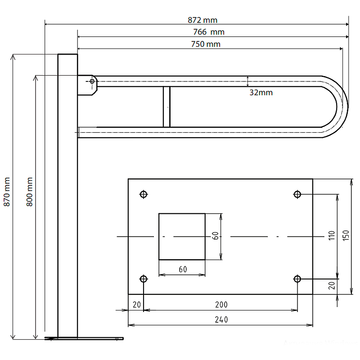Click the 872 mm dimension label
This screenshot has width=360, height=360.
click(202, 20)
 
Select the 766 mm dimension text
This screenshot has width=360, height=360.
click(209, 32)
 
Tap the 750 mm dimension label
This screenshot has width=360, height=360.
click(206, 44)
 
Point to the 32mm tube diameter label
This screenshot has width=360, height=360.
click(261, 93)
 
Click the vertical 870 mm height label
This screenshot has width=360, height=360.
click(7, 192)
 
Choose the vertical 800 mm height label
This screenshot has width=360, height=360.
click(30, 192)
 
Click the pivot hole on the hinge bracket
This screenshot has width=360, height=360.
click(92, 81)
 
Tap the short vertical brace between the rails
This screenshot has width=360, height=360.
click(166, 107)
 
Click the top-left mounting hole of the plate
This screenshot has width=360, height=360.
click(144, 194)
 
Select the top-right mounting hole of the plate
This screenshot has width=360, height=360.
click(297, 194)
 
